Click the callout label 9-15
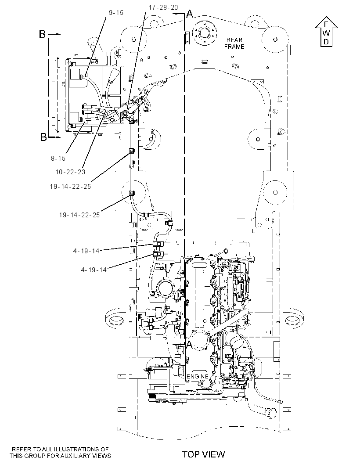click(x=116, y=13)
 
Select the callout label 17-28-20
click(x=163, y=7)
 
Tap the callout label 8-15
click(x=58, y=158)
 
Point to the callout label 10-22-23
click(x=70, y=172)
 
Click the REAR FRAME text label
click(x=234, y=43)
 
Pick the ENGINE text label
click(x=197, y=376)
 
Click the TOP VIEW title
click(x=204, y=454)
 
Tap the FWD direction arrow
click(x=326, y=32)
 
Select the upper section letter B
click(x=43, y=35)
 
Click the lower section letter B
click(x=43, y=137)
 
